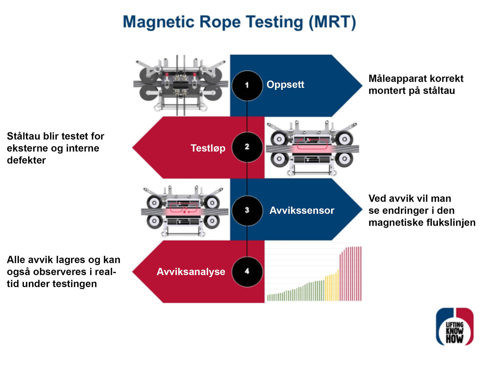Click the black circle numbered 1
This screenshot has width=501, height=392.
point(247,85)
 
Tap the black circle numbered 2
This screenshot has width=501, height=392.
point(247,147)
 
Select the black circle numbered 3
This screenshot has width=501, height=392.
point(247,210)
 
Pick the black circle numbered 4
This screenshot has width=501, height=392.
point(247,272)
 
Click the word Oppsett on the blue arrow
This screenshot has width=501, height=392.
point(285,85)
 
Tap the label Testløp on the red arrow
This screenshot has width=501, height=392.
point(208,148)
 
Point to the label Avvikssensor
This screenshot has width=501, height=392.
point(302,210)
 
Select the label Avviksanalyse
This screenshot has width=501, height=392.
point(191,272)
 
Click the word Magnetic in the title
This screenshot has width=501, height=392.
point(159,22)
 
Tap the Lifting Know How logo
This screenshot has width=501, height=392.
point(455,326)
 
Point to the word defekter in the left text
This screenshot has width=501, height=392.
point(26,160)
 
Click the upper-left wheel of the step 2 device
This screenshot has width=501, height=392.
point(279,139)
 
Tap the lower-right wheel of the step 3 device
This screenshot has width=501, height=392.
point(212,221)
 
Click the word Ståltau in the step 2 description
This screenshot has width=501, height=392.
point(24,136)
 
